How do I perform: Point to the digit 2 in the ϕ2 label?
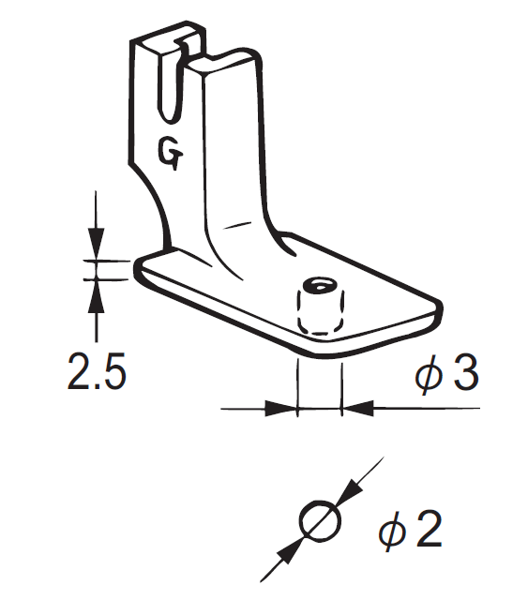click(426, 532)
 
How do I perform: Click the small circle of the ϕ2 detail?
click(319, 518)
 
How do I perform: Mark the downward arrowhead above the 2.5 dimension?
click(95, 246)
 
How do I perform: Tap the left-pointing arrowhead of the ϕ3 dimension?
click(357, 409)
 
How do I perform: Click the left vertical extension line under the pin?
click(296, 384)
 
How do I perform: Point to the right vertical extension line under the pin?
click(342, 384)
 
